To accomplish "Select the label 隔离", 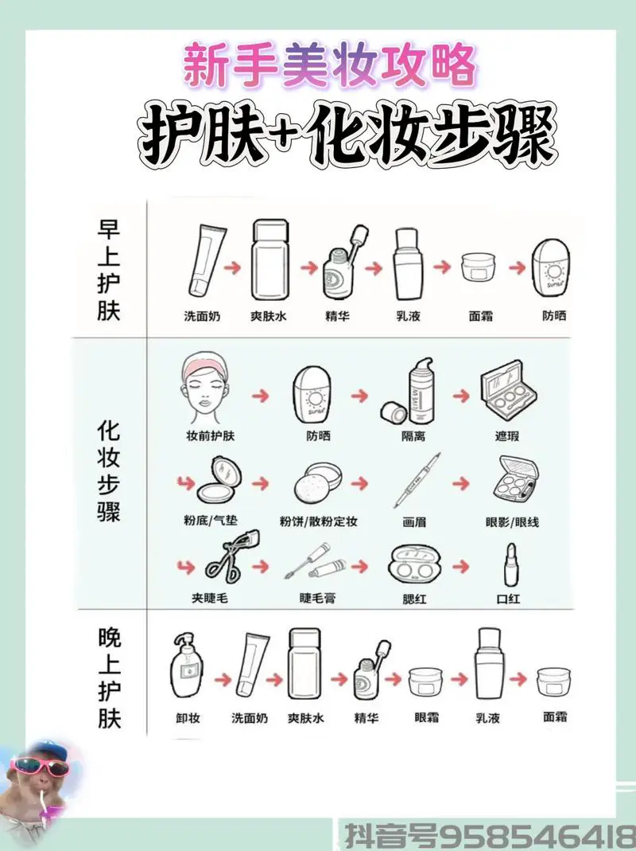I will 413,435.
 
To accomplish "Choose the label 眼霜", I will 427,717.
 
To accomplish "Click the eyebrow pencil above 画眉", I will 416,480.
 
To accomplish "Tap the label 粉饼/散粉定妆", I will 318,522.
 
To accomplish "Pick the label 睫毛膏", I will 317,598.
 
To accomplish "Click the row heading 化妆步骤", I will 109,471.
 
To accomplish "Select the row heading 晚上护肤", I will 109,679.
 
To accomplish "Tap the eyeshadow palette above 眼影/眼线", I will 514,479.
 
